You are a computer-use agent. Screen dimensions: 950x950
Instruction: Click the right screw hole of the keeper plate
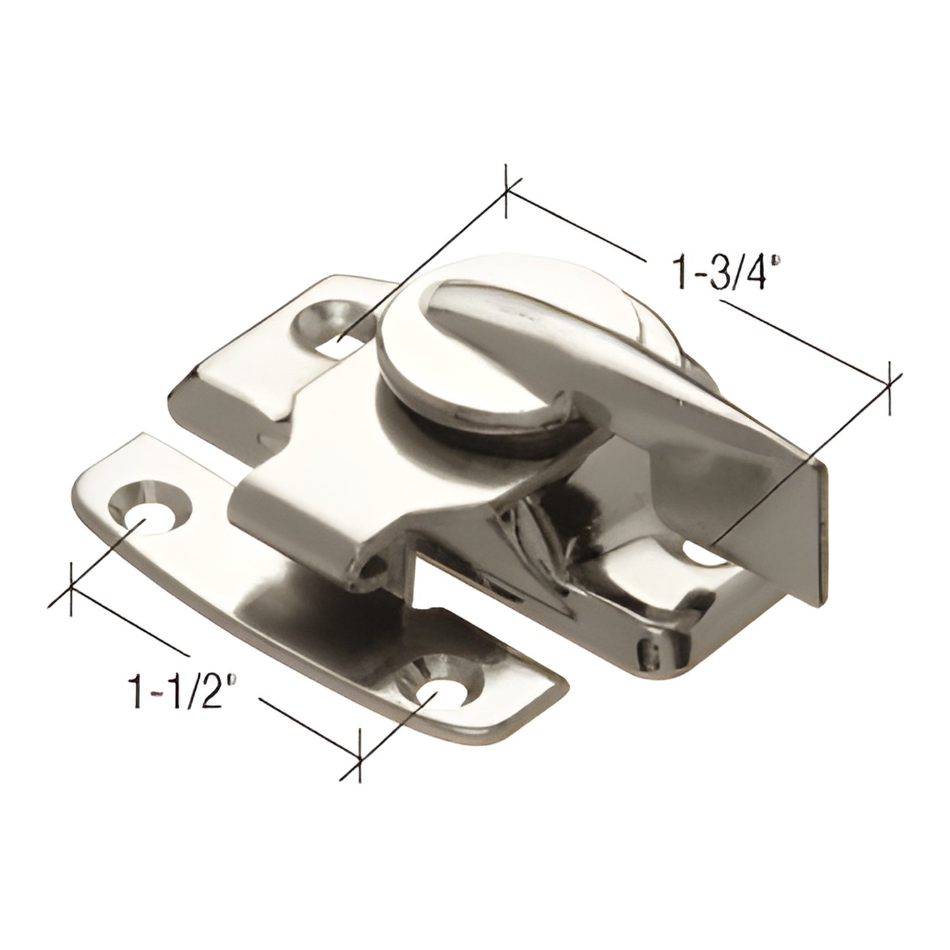(x=441, y=691)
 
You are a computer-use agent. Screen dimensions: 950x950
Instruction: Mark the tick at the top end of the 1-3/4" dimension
(x=506, y=191)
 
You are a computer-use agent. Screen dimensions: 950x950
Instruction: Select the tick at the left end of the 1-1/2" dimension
(x=70, y=584)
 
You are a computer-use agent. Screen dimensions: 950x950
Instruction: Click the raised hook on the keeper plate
(x=309, y=519)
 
